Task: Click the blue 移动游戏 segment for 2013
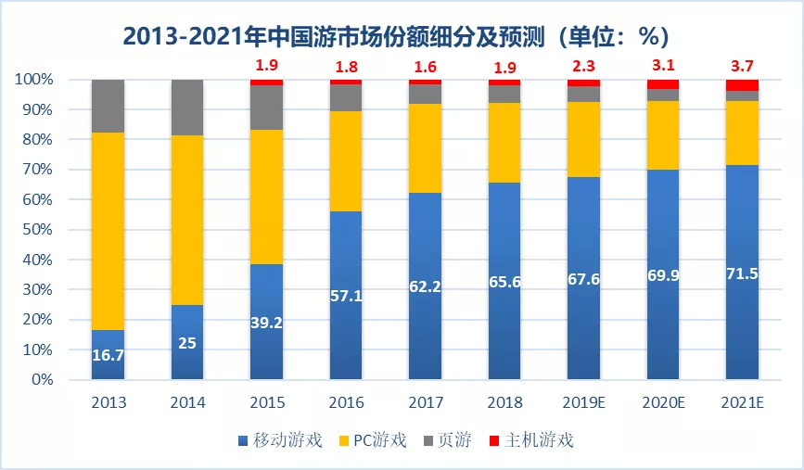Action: tap(108, 366)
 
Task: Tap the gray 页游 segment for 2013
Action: tap(108, 105)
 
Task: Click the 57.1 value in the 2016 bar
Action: tap(346, 296)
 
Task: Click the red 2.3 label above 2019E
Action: tap(584, 66)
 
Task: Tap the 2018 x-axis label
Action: tap(504, 403)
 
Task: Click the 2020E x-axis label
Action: tap(664, 403)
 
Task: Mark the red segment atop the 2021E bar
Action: tap(743, 84)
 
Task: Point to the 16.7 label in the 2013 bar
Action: tap(108, 354)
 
